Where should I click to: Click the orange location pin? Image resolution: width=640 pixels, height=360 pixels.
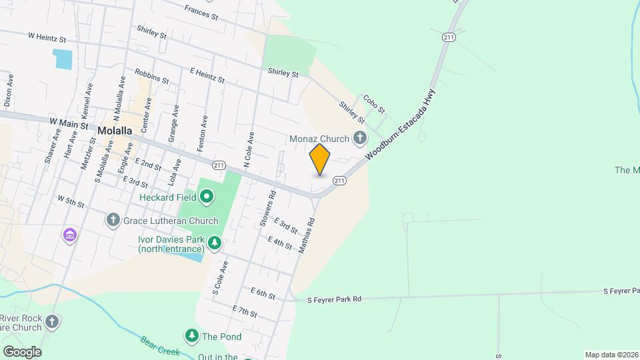320,159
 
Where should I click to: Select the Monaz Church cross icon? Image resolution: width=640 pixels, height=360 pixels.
360,139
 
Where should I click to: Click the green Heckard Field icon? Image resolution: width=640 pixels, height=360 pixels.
207,197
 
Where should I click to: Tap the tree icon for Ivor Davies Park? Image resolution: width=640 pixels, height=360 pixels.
214,243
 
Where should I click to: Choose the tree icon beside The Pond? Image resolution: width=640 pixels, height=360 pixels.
192,336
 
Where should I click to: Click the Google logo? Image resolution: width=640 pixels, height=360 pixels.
21,351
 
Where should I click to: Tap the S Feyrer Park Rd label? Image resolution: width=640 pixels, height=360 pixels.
334,300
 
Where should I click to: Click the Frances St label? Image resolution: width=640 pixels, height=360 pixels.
201,11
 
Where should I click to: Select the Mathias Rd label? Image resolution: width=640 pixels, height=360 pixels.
307,235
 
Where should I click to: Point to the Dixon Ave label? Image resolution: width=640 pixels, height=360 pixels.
9,91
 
